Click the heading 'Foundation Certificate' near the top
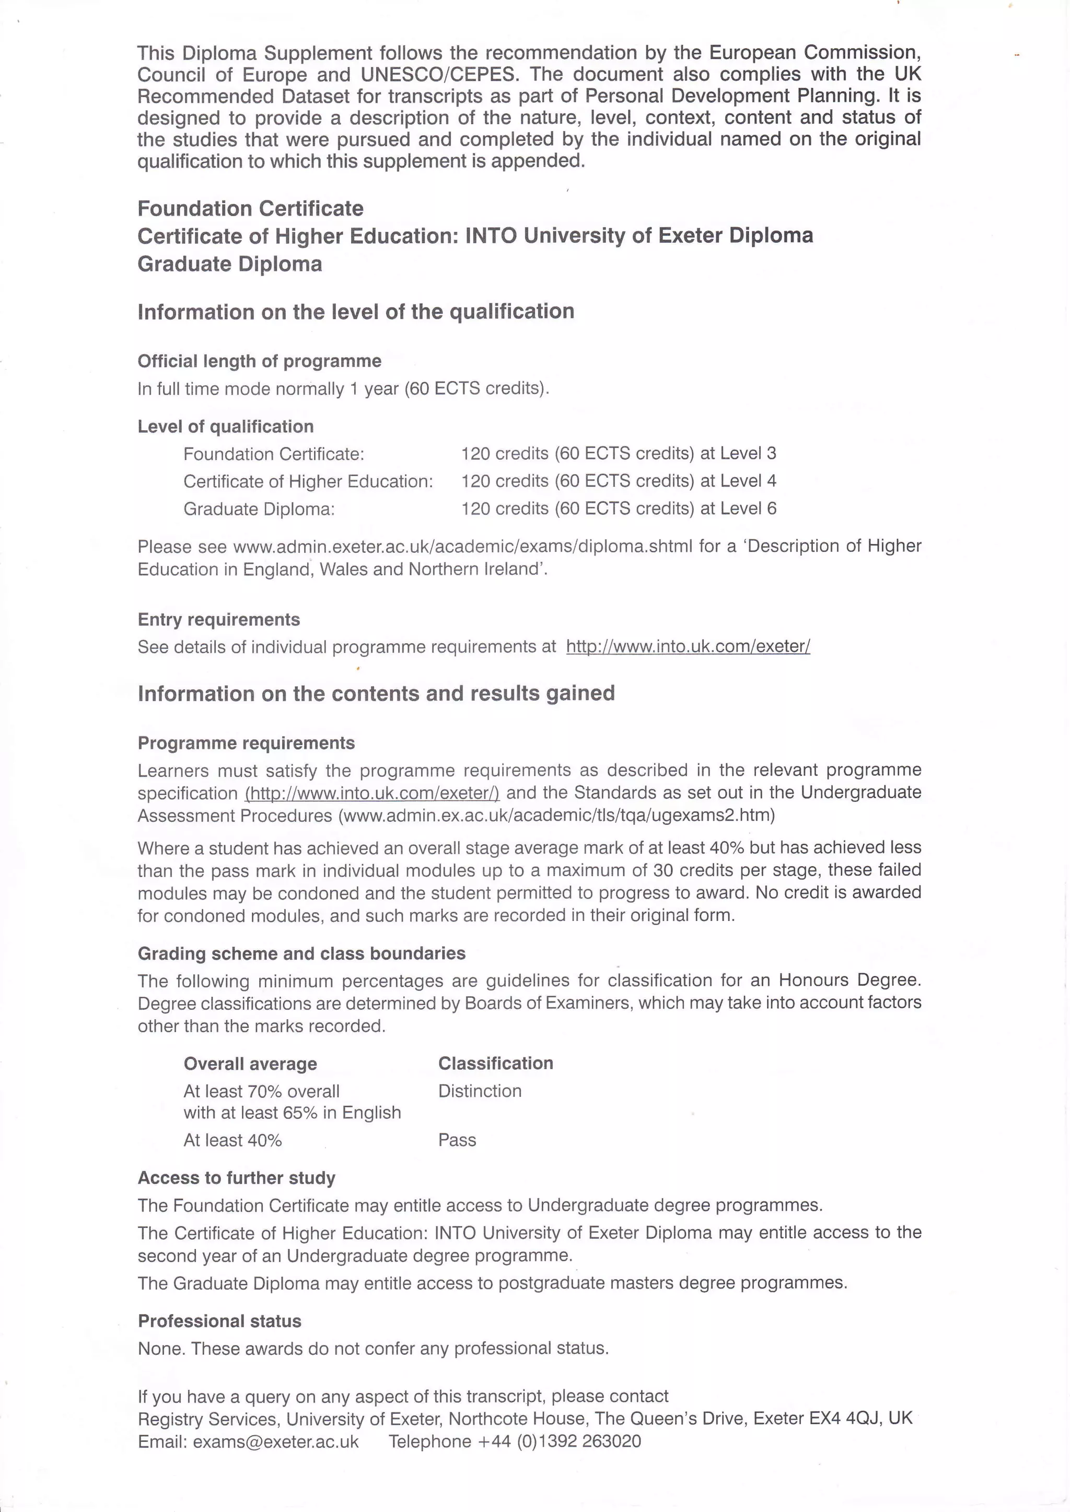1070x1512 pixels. point(250,209)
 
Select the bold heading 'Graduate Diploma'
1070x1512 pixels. point(229,264)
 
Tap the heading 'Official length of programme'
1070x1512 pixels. point(259,361)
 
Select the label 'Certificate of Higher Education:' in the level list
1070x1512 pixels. point(308,481)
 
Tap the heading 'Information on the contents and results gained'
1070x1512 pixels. point(376,693)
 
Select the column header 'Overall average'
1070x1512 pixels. point(250,1064)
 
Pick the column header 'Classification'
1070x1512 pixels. point(495,1063)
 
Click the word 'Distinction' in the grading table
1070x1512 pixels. point(480,1091)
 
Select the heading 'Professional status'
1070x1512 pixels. point(219,1321)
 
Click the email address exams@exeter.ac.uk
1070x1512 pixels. point(275,1442)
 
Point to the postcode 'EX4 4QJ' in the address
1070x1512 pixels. point(845,1418)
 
